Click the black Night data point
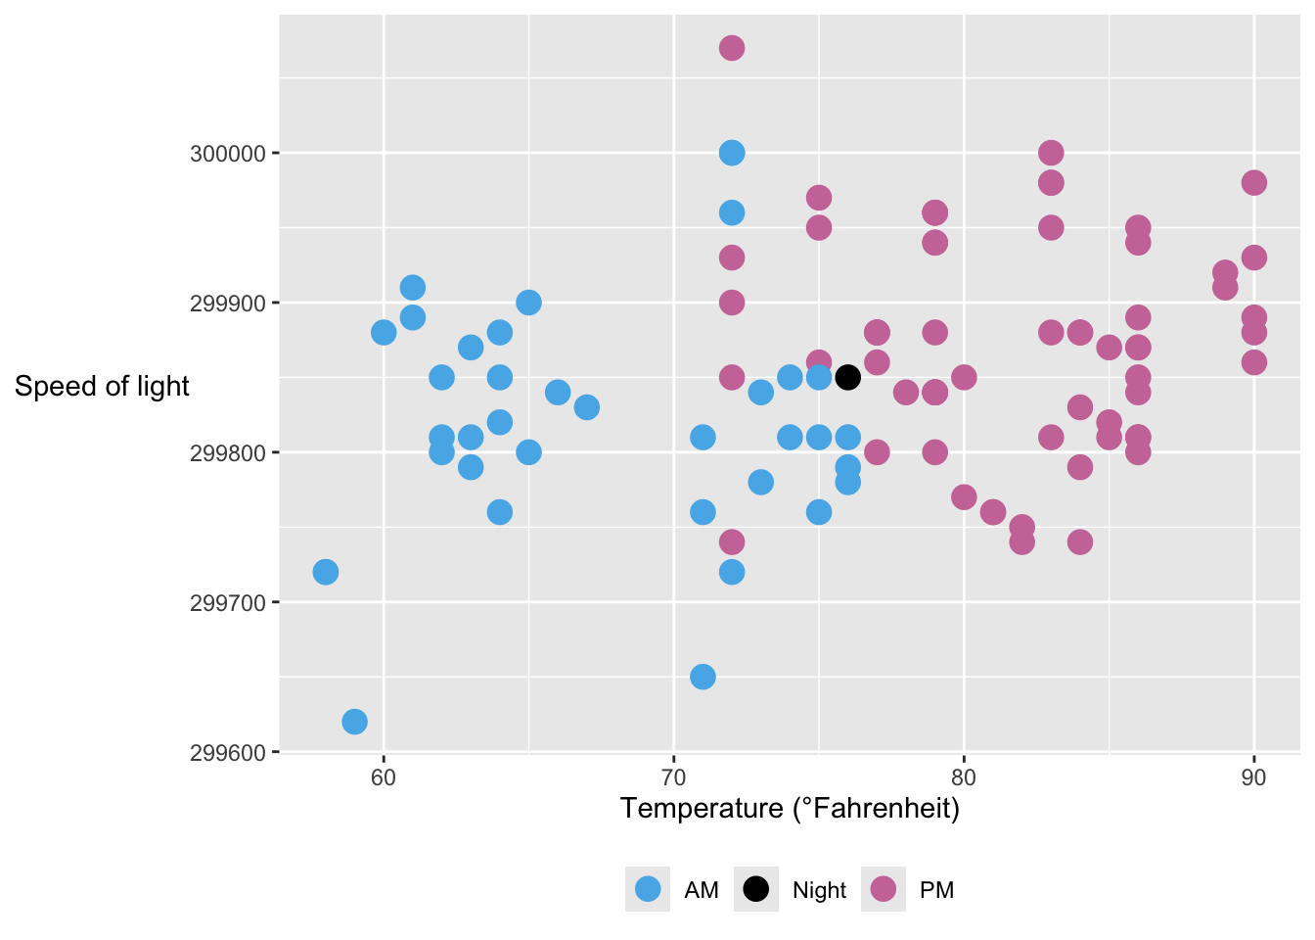pyautogui.click(x=847, y=377)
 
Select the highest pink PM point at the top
pyautogui.click(x=732, y=48)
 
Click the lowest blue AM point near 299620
pyautogui.click(x=354, y=722)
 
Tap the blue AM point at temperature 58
pyautogui.click(x=326, y=572)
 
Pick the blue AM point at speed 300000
pyautogui.click(x=732, y=153)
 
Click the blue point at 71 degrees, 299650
pyautogui.click(x=703, y=677)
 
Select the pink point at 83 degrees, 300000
pyautogui.click(x=1051, y=153)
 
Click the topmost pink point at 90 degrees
pyautogui.click(x=1253, y=183)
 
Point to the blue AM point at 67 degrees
pyautogui.click(x=587, y=407)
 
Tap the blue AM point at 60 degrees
pyautogui.click(x=384, y=333)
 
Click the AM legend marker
pyautogui.click(x=648, y=889)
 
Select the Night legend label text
pyautogui.click(x=819, y=890)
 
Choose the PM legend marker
pyautogui.click(x=883, y=889)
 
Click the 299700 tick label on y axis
pyautogui.click(x=227, y=603)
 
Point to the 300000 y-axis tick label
pyautogui.click(x=227, y=154)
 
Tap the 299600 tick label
pyautogui.click(x=227, y=753)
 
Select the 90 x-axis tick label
pyautogui.click(x=1253, y=778)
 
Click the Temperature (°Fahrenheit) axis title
pyautogui.click(x=790, y=809)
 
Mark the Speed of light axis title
pyautogui.click(x=102, y=387)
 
